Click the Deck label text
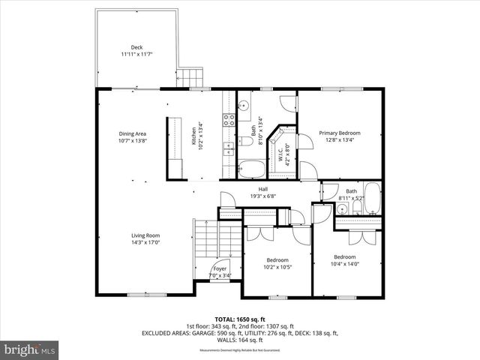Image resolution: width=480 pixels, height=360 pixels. (x=136, y=47)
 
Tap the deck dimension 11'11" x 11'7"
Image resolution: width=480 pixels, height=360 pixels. (x=136, y=54)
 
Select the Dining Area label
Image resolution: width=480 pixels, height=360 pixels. (x=132, y=133)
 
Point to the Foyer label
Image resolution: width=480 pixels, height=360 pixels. (x=220, y=268)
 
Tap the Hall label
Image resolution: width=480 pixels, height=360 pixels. (x=263, y=189)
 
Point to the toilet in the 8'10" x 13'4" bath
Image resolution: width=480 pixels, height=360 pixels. (x=246, y=142)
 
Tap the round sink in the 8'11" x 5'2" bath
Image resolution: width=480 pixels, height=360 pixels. (x=342, y=209)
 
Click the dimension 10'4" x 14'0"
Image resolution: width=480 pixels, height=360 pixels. (x=346, y=263)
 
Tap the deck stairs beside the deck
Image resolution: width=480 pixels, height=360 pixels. (x=191, y=77)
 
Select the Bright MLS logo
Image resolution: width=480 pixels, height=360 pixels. (x=29, y=349)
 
